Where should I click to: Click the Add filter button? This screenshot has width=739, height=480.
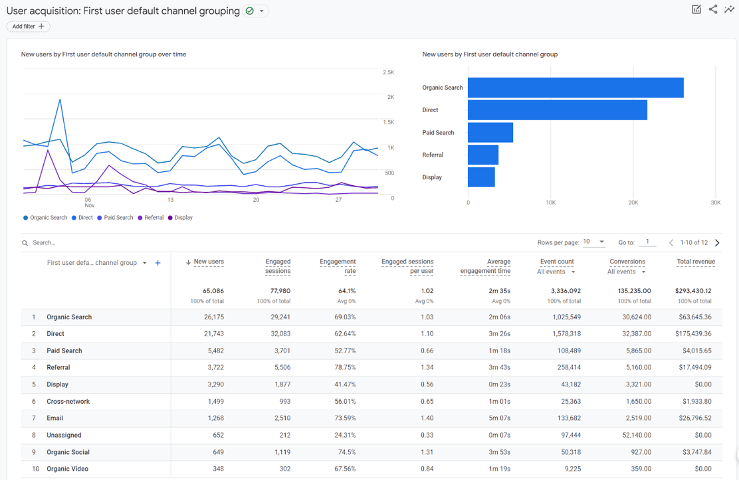28,27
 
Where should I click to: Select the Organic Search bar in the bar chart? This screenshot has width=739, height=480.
576,88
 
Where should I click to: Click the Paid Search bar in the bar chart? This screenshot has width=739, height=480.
490,133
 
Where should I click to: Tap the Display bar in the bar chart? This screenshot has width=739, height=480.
481,177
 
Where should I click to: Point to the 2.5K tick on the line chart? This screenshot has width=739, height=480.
388,72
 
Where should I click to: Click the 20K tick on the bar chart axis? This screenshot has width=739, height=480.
633,202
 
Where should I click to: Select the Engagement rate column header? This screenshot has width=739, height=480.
338,266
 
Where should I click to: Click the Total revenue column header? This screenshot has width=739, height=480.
696,262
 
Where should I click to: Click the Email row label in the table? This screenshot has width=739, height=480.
55,418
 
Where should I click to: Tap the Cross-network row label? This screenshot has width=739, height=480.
68,402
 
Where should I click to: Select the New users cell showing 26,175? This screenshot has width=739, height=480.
213,317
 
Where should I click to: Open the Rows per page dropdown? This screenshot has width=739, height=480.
593,242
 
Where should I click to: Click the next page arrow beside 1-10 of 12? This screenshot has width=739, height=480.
717,243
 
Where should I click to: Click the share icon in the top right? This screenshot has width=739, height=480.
713,9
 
